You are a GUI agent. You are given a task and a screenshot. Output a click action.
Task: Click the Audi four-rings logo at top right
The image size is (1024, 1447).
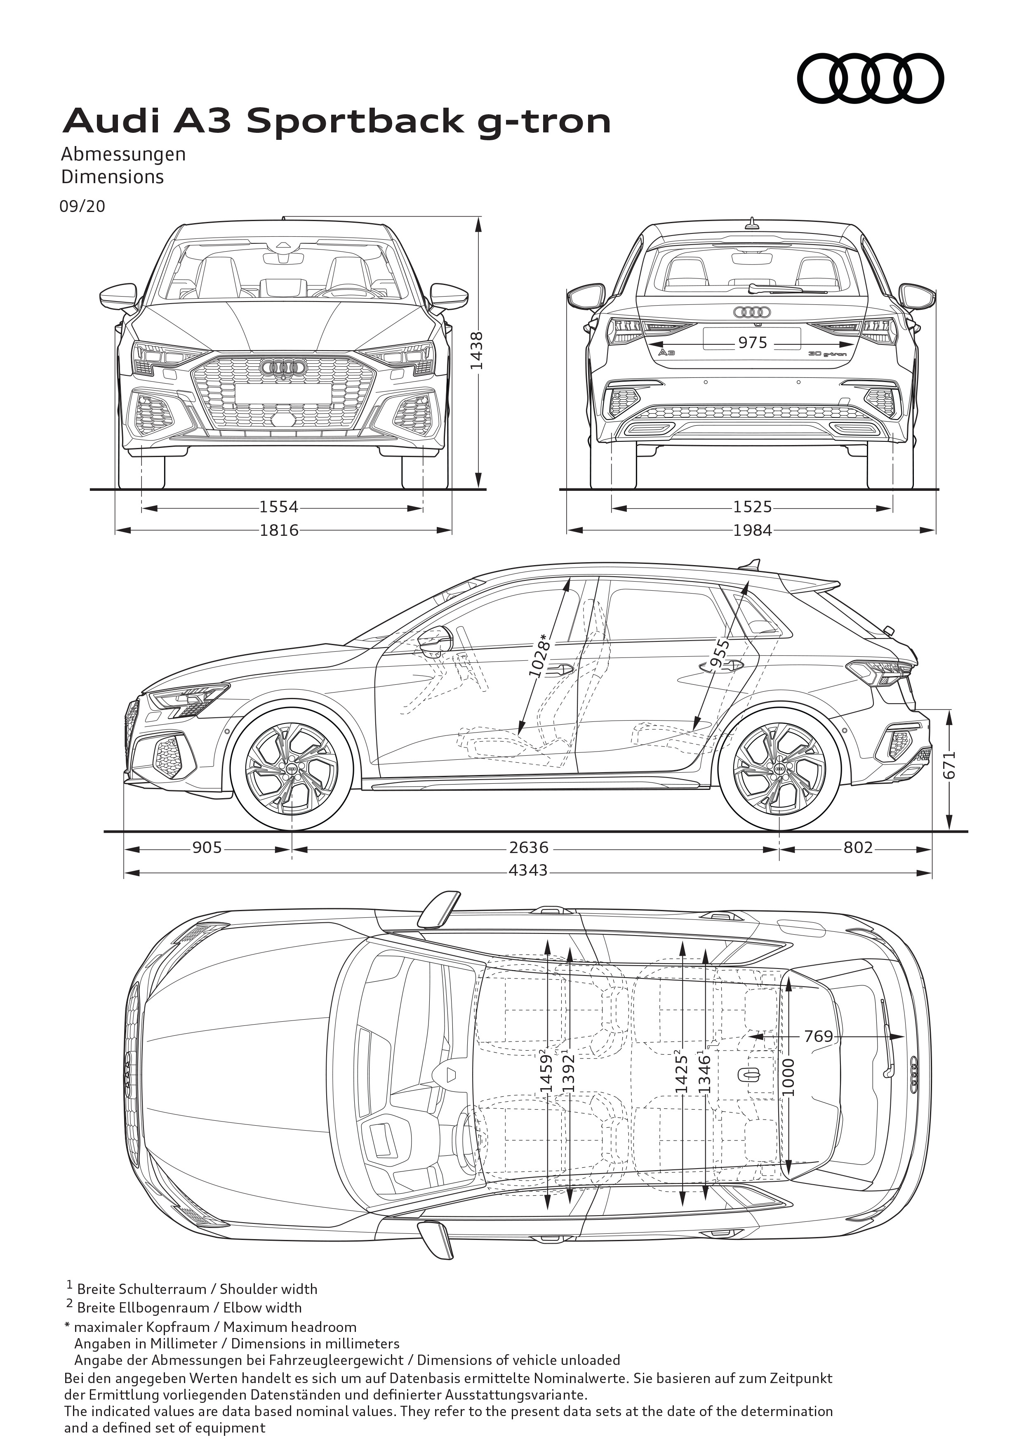[x=870, y=79]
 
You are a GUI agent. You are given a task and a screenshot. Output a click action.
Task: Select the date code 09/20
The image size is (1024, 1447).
[x=82, y=206]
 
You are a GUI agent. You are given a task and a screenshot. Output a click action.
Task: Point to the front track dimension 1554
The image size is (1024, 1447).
[x=279, y=507]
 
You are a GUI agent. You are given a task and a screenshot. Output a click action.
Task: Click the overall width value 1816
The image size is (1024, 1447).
[x=279, y=530]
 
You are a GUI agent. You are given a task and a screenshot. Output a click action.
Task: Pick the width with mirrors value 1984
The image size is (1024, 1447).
[x=752, y=530]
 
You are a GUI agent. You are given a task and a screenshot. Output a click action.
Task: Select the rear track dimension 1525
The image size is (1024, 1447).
[x=752, y=507]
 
